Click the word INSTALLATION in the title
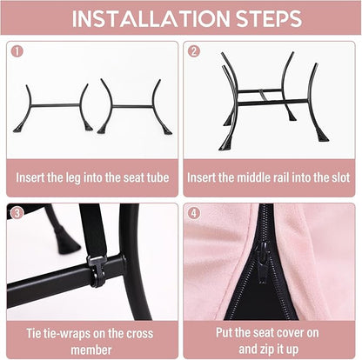pyautogui.click(x=151, y=19)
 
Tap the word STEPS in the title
pyautogui.click(x=269, y=19)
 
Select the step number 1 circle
pyautogui.click(x=17, y=51)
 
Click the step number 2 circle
pyautogui.click(x=194, y=51)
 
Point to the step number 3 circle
pyautogui.click(x=17, y=213)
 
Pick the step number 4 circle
pyautogui.click(x=194, y=213)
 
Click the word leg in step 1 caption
pyautogui.click(x=72, y=178)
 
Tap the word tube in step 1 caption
pyautogui.click(x=158, y=177)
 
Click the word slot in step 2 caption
pyautogui.click(x=339, y=177)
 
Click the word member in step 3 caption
pyautogui.click(x=91, y=350)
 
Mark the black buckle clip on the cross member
pyautogui.click(x=98, y=270)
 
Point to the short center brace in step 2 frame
pyautogui.click(x=264, y=96)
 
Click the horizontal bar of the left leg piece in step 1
pyautogui.click(x=56, y=105)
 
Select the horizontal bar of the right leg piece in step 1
pyautogui.click(x=132, y=106)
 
